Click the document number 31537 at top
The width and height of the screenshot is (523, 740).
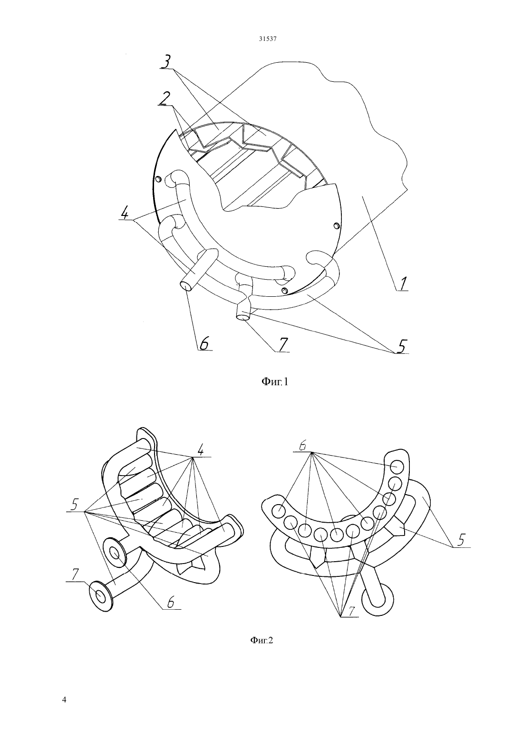[267, 39]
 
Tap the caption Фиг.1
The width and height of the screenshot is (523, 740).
[275, 382]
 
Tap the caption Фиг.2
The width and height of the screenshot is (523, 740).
[262, 641]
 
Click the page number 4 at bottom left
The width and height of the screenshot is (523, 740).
[64, 700]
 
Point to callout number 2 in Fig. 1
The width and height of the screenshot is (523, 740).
[164, 98]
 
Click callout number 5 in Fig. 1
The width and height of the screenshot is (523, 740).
[401, 346]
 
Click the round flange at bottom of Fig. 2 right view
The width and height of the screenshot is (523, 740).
[378, 599]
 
